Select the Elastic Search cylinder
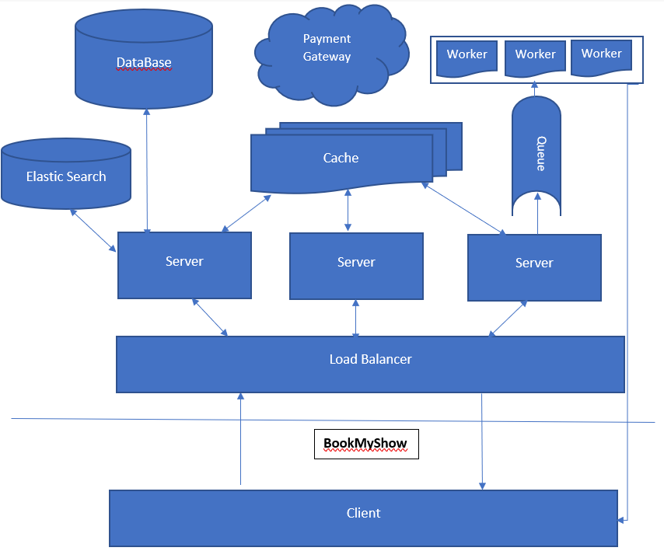tap(66, 176)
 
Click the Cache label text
tap(341, 158)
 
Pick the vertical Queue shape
tap(536, 155)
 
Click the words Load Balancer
tap(370, 360)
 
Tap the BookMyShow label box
tap(366, 444)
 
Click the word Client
tap(363, 513)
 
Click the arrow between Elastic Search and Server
tap(93, 229)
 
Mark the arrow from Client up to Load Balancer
tap(241, 439)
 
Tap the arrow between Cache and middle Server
tap(348, 210)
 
